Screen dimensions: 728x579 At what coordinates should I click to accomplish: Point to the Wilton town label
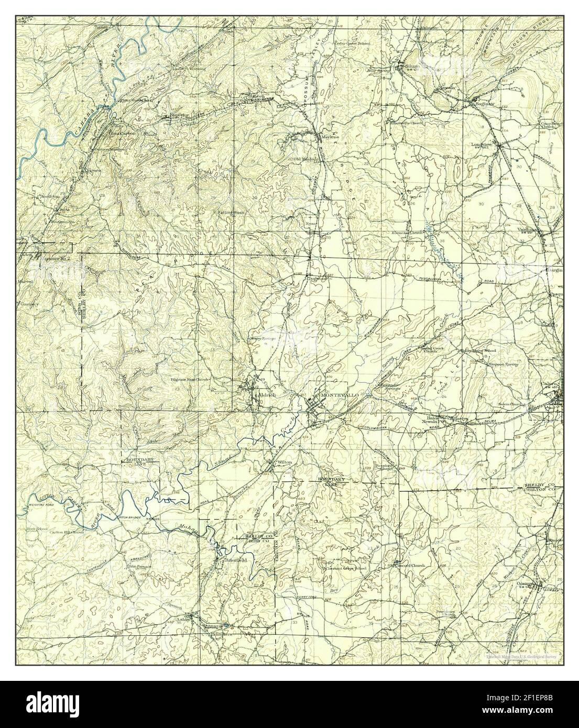(x=285, y=462)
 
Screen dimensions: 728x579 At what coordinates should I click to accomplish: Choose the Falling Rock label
(x=231, y=213)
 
